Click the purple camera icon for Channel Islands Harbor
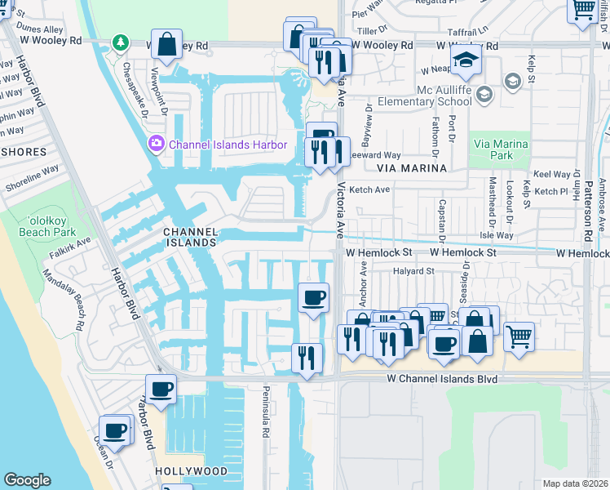pos(157,145)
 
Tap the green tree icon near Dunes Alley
pos(121,41)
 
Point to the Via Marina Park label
pos(501,149)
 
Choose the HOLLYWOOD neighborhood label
pos(191,471)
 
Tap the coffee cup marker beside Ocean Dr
pos(115,430)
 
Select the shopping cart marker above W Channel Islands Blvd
pos(519,335)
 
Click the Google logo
pos(27,480)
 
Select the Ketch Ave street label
pos(369,189)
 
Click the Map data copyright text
pos(575,483)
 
